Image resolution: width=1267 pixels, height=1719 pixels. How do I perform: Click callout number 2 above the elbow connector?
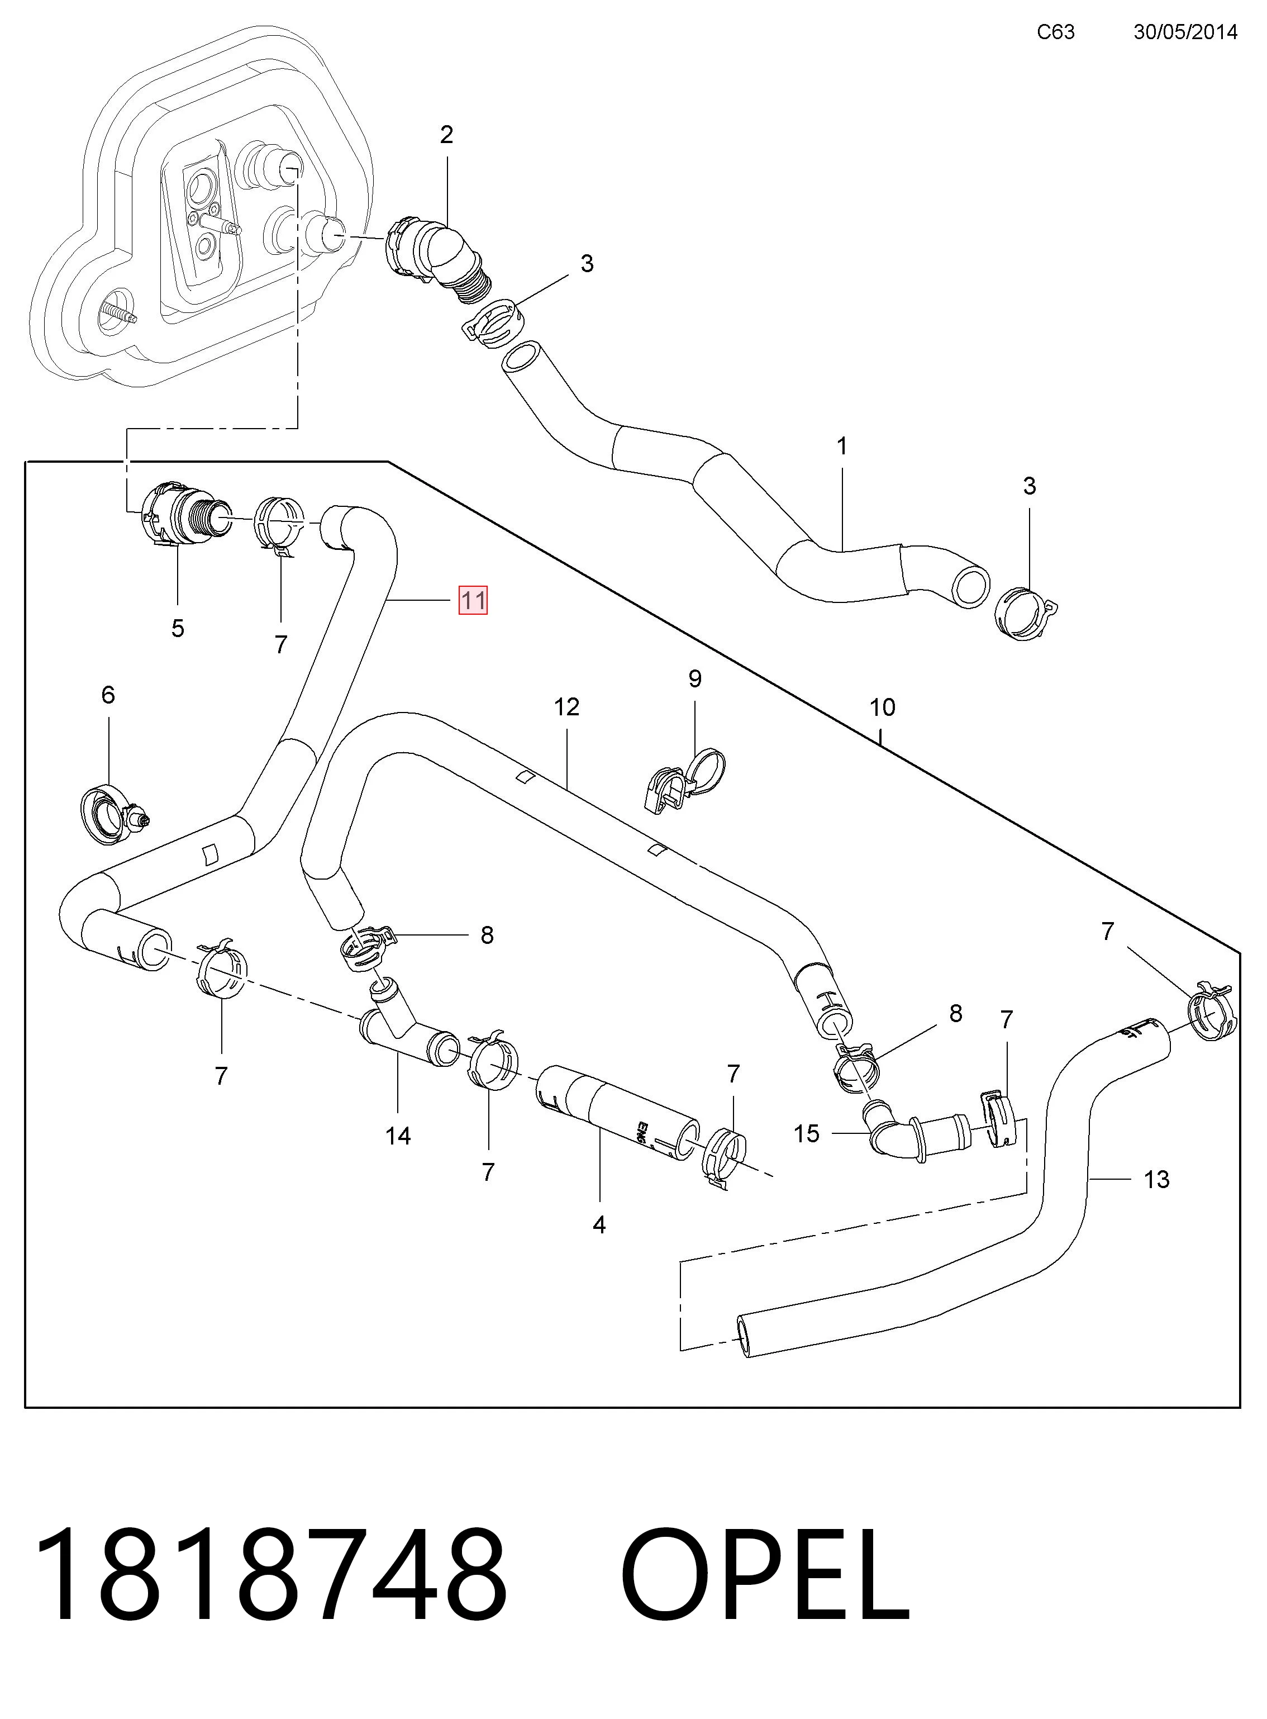pyautogui.click(x=446, y=135)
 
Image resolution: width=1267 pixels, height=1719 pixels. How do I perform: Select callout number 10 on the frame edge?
pyautogui.click(x=882, y=707)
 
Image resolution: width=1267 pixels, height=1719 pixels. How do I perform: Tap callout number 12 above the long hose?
pyautogui.click(x=567, y=707)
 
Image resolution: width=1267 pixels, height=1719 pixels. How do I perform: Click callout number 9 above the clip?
pyautogui.click(x=695, y=679)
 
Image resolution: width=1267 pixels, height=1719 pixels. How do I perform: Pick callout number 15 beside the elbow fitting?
pyautogui.click(x=806, y=1134)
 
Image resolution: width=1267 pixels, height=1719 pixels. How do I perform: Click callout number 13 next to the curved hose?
pyautogui.click(x=1156, y=1179)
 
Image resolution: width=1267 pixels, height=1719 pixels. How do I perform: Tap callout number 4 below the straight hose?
pyautogui.click(x=599, y=1225)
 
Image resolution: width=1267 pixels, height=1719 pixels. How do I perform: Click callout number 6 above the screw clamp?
pyautogui.click(x=108, y=695)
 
